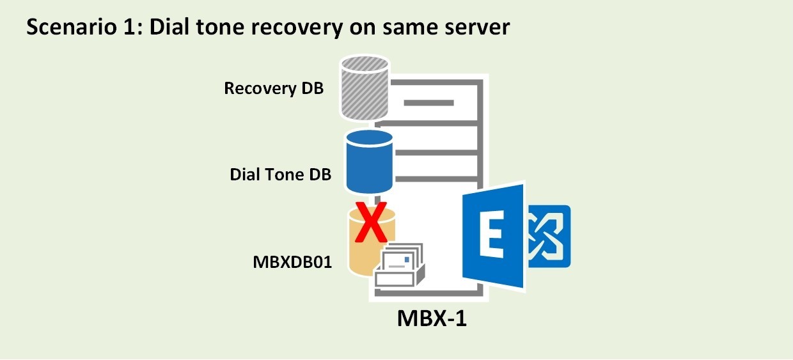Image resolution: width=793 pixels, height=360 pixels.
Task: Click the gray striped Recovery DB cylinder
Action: (x=365, y=88)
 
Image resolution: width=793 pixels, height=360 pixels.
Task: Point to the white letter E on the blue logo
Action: (x=492, y=237)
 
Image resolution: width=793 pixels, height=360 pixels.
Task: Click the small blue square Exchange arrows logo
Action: (x=548, y=236)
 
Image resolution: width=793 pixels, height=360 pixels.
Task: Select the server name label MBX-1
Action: (x=432, y=318)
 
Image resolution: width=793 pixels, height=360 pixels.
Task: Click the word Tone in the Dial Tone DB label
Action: (x=285, y=174)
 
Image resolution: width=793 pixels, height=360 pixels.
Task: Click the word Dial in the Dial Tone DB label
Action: (x=246, y=174)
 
